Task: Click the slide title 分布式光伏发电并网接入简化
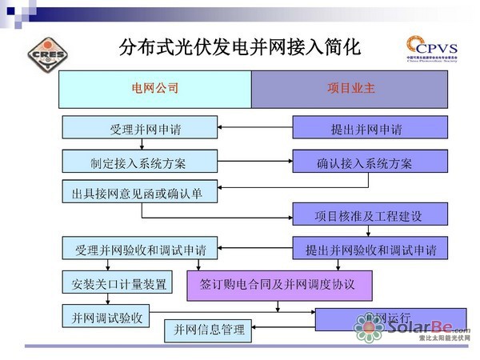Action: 240,47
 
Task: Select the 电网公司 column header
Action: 155,89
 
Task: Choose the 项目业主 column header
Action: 349,89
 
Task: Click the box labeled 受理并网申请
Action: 139,128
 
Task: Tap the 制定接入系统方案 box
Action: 139,163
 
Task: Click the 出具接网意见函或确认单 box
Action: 139,193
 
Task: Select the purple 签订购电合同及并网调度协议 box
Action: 280,284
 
